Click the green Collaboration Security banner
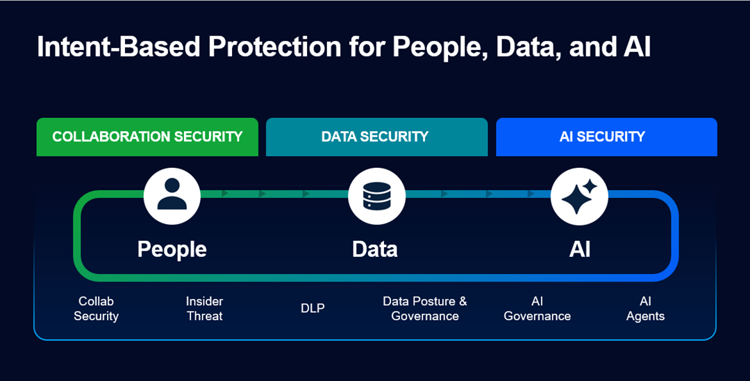147,137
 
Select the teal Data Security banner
376,137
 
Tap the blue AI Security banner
606,137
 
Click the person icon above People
172,196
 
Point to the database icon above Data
376,196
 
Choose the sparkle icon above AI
579,196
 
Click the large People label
172,249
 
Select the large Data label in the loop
375,249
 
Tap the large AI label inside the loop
580,249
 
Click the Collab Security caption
96,309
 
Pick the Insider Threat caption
204,309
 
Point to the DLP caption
312,308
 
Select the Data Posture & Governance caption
425,309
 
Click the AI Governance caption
537,309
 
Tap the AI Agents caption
645,309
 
